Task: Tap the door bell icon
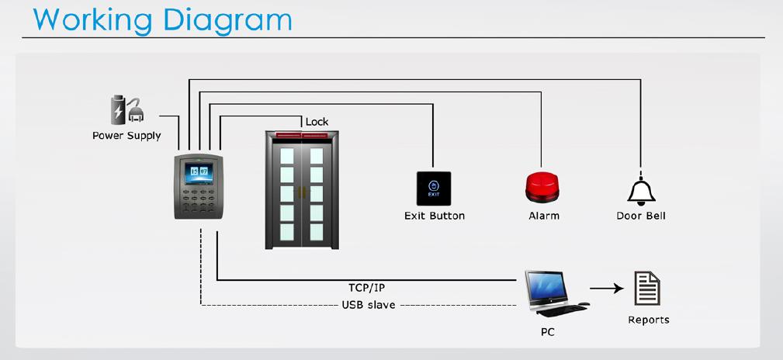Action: click(641, 192)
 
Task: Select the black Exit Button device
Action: click(434, 189)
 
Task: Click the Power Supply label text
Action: click(126, 136)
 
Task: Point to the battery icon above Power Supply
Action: click(118, 109)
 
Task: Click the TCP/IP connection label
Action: click(366, 288)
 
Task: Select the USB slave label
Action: click(369, 305)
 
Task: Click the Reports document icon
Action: click(647, 289)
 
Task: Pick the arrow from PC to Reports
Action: click(606, 288)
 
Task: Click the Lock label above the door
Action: click(317, 121)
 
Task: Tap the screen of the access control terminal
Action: click(199, 172)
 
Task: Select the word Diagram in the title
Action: click(227, 19)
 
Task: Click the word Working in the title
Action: click(93, 20)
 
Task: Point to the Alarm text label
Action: click(544, 216)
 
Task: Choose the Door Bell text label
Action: click(641, 216)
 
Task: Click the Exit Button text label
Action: click(435, 216)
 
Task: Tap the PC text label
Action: click(548, 331)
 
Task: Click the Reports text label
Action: click(649, 320)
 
